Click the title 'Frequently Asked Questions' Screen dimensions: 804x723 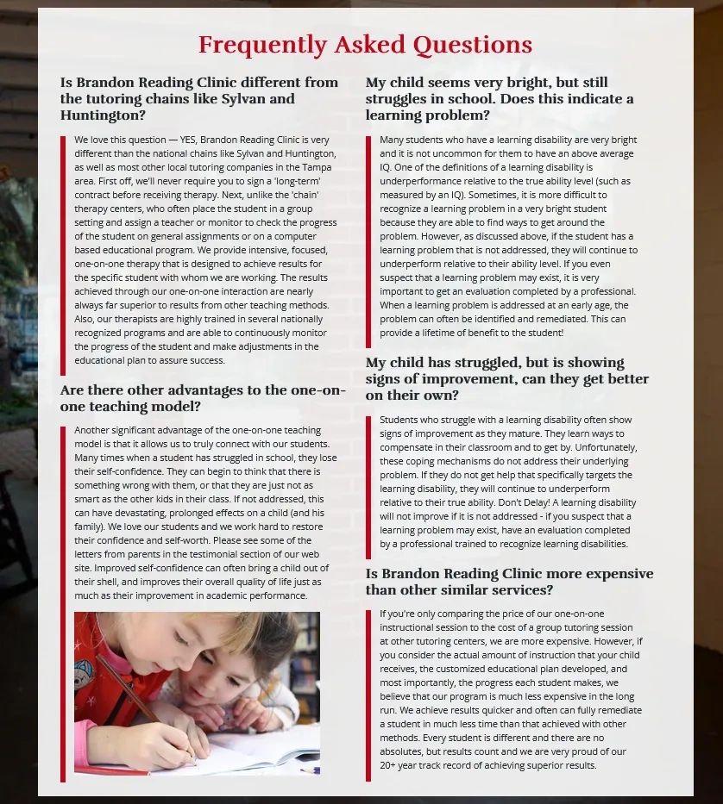click(365, 45)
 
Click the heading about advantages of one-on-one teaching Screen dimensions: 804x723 click(203, 398)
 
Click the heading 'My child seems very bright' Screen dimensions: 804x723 click(499, 98)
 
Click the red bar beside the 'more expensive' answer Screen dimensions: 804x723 click(368, 694)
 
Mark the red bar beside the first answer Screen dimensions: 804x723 click(63, 250)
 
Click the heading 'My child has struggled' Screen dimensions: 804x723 click(506, 378)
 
